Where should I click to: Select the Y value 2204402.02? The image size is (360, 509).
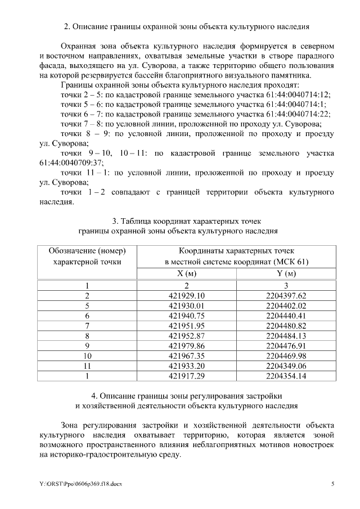point(286,306)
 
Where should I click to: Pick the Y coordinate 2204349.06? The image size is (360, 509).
point(286,366)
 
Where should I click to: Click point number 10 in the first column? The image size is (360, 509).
point(87,356)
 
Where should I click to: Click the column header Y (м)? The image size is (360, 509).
point(286,273)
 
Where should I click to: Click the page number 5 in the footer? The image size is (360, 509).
point(332,484)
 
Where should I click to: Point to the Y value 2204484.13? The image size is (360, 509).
point(286,336)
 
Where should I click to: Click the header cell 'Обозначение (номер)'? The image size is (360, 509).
point(87,250)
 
